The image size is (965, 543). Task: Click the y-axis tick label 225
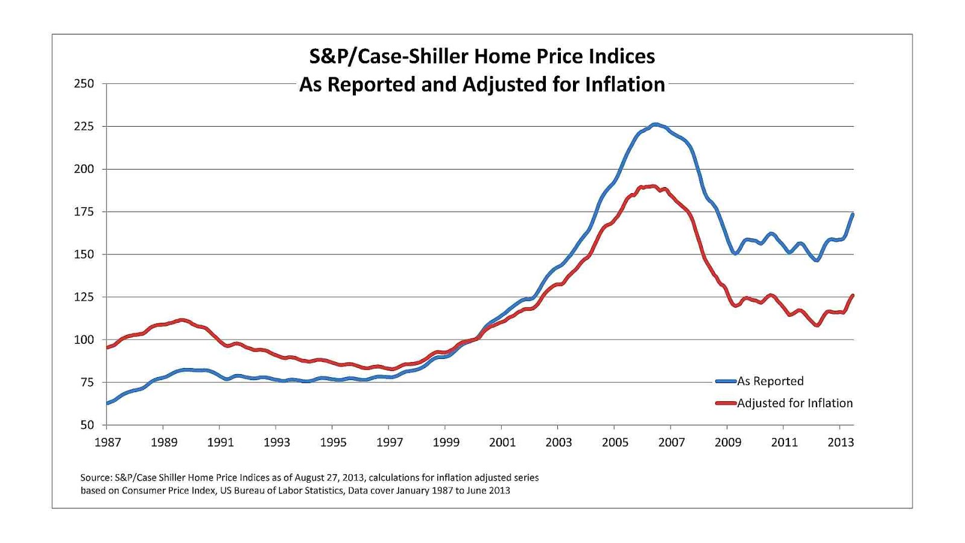(x=84, y=126)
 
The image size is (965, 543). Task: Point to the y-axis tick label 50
(x=87, y=425)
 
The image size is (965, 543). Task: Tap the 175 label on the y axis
(x=84, y=212)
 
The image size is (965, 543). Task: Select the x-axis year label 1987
(x=107, y=442)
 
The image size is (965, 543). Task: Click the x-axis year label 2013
(x=840, y=442)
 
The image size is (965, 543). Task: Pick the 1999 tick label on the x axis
(x=446, y=442)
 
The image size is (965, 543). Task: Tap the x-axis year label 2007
(x=671, y=442)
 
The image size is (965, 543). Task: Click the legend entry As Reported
(x=770, y=381)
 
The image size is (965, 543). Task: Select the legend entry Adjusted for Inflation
(x=794, y=403)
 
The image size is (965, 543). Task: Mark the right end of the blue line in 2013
(x=852, y=214)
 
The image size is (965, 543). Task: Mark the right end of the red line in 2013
(x=852, y=296)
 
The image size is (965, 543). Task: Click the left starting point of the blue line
(x=107, y=403)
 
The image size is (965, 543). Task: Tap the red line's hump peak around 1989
(x=181, y=320)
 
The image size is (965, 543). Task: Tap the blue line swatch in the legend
(x=726, y=381)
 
